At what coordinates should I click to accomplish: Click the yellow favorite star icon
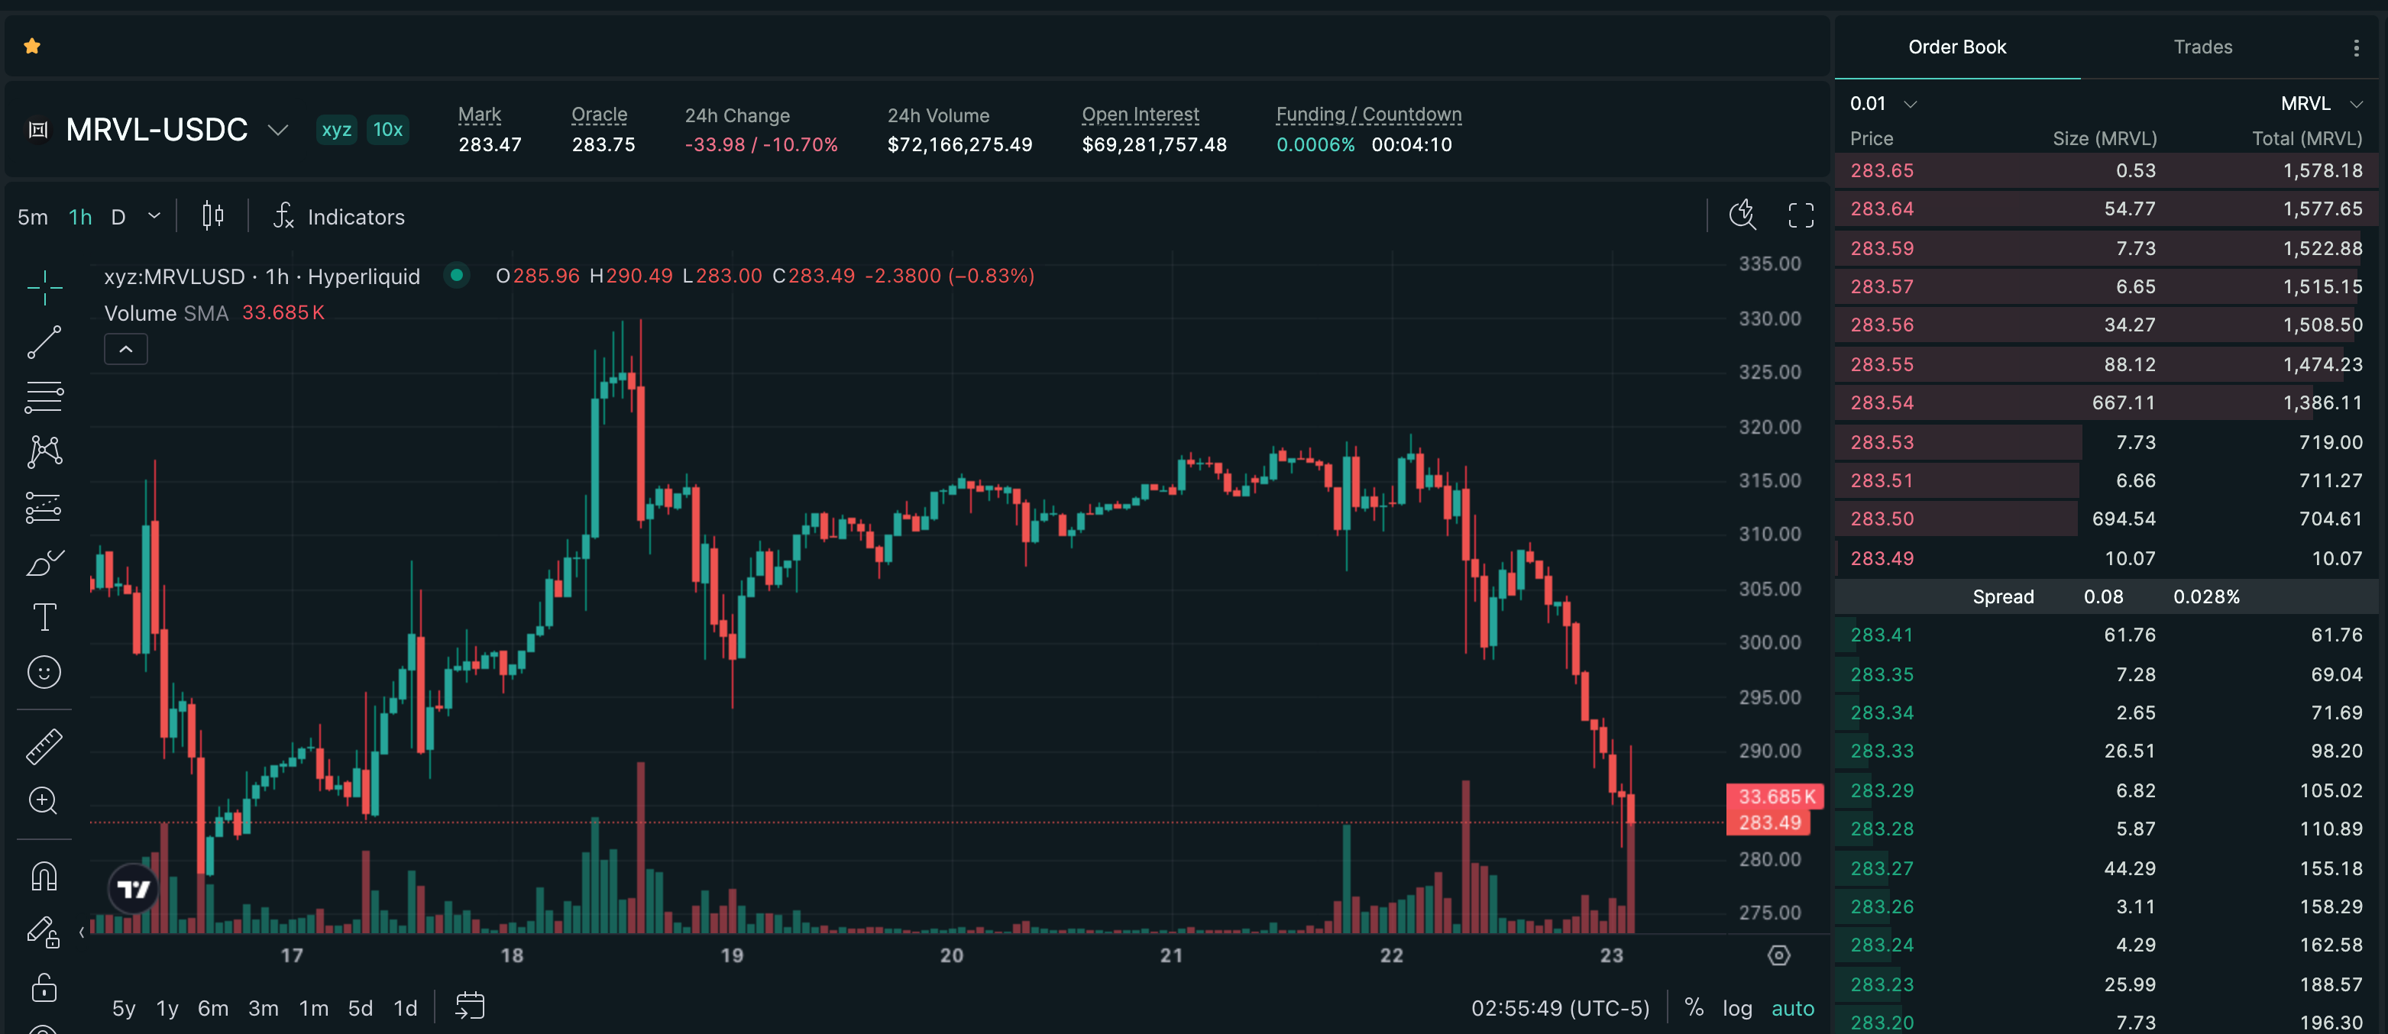click(x=32, y=47)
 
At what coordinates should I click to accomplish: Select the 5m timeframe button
click(x=32, y=218)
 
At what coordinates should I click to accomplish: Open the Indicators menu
click(x=338, y=217)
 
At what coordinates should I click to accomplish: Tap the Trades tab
click(x=2202, y=47)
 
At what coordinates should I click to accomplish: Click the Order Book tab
click(x=1957, y=47)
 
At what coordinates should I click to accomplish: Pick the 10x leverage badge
click(x=387, y=130)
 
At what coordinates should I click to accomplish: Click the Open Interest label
click(x=1141, y=115)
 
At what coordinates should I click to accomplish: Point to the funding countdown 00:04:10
click(x=1411, y=145)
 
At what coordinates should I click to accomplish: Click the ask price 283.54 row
click(x=1882, y=403)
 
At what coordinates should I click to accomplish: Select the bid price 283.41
click(x=1882, y=635)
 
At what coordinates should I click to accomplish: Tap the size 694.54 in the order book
click(x=2123, y=519)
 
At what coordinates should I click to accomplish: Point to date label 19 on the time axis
click(x=731, y=955)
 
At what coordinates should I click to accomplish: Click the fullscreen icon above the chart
click(x=1801, y=216)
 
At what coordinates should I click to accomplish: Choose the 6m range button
click(x=213, y=1008)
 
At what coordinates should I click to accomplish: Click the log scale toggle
click(x=1737, y=1008)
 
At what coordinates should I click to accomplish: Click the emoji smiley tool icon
click(x=44, y=673)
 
